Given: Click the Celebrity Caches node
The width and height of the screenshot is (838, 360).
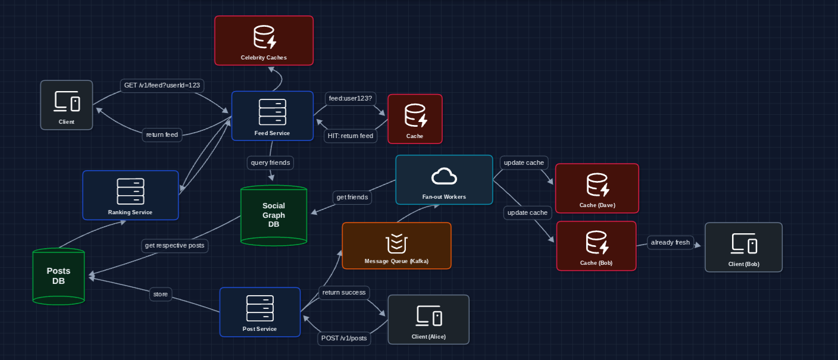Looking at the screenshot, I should tap(264, 40).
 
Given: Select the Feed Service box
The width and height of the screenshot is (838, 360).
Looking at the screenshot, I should tap(272, 116).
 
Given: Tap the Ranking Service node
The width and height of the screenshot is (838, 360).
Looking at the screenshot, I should tap(130, 195).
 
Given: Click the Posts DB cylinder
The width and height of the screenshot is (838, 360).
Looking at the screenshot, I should tap(58, 276).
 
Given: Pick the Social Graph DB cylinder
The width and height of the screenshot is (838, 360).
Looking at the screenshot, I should tap(274, 215).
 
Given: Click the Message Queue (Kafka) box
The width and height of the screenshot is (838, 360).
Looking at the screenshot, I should tap(396, 246).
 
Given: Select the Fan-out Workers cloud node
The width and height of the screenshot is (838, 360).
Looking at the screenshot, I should tap(444, 180).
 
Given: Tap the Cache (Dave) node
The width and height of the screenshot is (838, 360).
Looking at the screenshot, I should tap(597, 188).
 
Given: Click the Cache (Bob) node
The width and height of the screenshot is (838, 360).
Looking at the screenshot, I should tap(596, 246).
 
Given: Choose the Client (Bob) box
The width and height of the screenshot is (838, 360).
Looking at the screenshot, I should tap(743, 247).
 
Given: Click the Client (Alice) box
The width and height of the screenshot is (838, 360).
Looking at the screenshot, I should tap(429, 320).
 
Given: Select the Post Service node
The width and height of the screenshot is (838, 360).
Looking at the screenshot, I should tap(259, 312).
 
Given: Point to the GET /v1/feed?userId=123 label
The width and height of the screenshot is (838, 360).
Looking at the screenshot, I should tap(162, 86).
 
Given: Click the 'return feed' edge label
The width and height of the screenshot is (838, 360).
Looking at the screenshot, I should tap(162, 135).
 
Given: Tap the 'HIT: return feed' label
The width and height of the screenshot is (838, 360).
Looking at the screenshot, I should tap(351, 136).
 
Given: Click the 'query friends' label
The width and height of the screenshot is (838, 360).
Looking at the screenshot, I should tap(271, 162).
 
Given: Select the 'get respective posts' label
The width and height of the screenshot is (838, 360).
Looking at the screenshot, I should tap(175, 245).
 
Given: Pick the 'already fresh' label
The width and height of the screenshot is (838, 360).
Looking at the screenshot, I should tap(670, 242).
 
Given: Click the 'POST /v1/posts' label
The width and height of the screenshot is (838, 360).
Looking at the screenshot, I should tap(345, 338).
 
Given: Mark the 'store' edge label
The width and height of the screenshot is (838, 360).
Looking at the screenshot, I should tap(161, 294).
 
